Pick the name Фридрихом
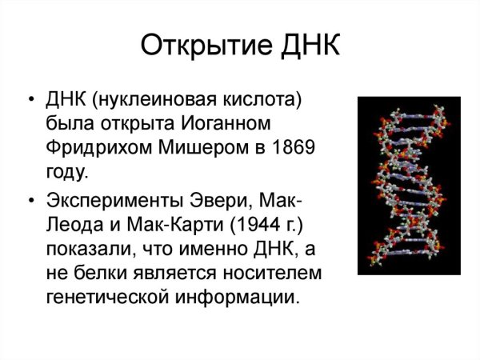click(95, 148)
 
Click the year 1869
click(288, 148)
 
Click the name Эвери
click(210, 200)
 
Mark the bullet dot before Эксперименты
click(31, 200)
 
